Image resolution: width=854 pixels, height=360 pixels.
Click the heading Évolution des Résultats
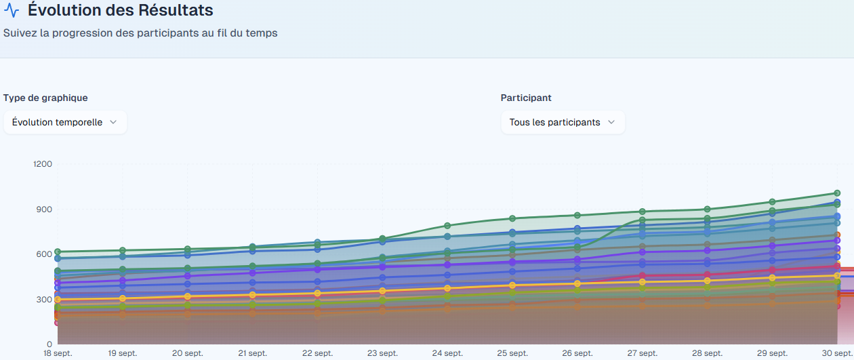click(121, 11)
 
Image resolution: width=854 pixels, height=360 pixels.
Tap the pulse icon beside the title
click(12, 11)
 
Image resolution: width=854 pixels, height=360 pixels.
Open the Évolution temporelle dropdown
click(65, 122)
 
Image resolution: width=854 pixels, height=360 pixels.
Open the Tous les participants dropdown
click(563, 122)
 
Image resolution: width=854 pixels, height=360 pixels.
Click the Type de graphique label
click(45, 98)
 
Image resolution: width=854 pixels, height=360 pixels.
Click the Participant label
click(526, 98)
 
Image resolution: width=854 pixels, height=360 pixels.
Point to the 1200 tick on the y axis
click(43, 164)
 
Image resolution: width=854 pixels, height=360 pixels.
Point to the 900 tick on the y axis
click(45, 209)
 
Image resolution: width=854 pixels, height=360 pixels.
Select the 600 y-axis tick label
click(45, 254)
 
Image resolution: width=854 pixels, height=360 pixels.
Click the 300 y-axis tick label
click(45, 300)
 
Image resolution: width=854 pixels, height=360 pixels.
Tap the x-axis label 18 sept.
click(58, 353)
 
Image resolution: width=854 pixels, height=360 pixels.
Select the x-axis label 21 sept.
click(252, 353)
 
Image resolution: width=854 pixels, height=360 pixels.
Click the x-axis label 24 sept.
click(447, 353)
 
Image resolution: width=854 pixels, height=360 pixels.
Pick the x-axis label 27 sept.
click(642, 353)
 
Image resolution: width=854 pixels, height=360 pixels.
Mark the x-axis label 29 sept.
click(772, 353)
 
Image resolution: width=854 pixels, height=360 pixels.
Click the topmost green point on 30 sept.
click(837, 193)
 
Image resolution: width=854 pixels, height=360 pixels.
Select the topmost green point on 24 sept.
click(447, 226)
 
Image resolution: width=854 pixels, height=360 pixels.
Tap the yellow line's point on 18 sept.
click(58, 300)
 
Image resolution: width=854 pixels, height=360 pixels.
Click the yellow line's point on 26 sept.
click(577, 283)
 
